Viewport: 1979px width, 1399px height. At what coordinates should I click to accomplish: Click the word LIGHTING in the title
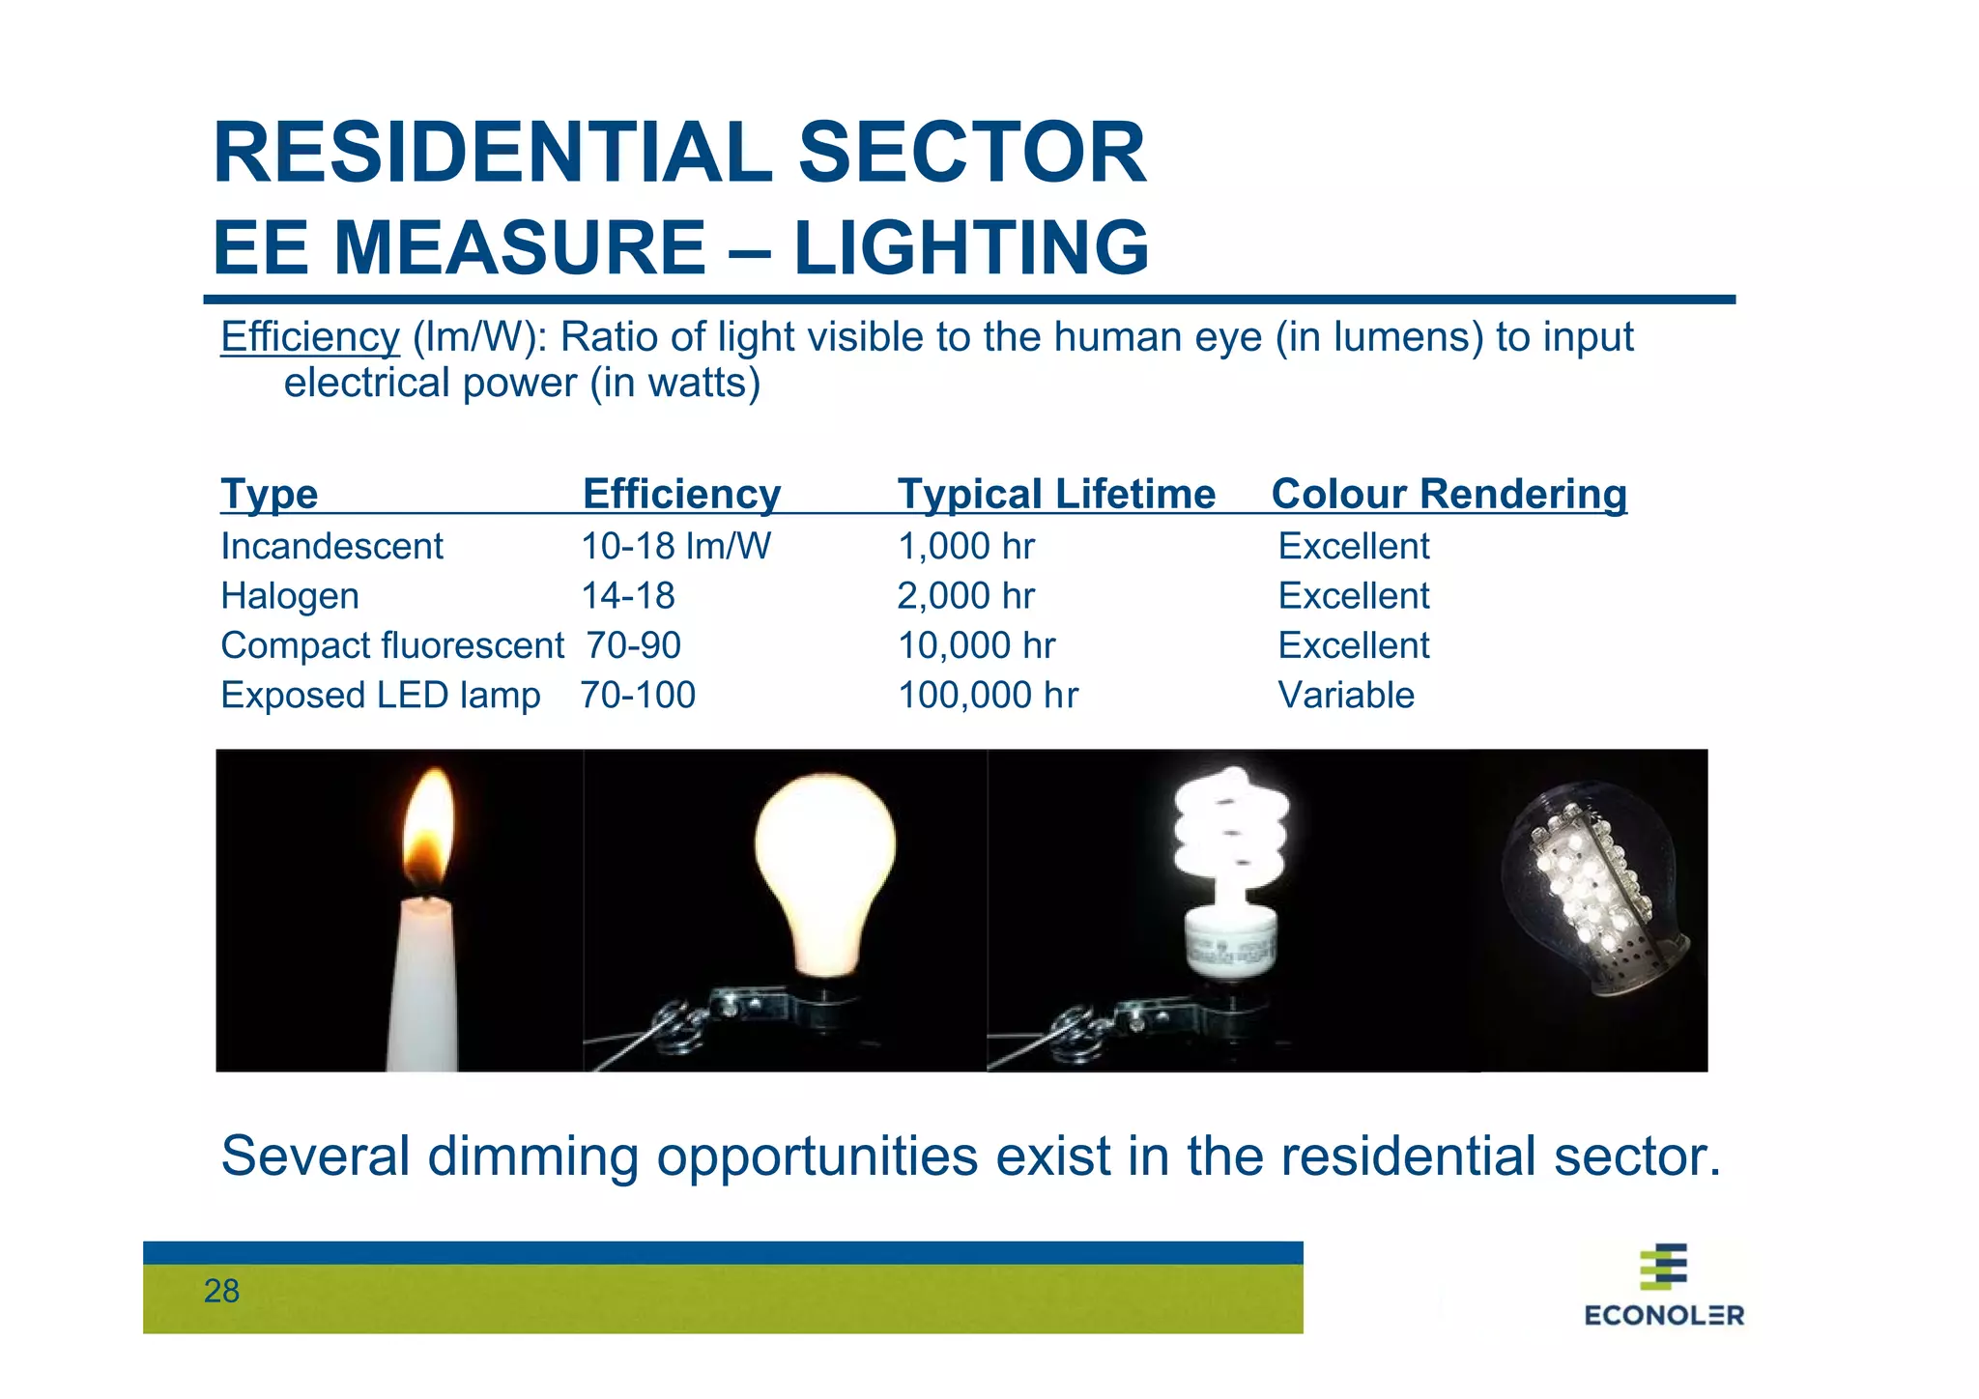click(971, 247)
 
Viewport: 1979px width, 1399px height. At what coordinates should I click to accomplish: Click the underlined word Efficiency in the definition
click(309, 337)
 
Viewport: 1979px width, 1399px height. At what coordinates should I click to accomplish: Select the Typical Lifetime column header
click(1056, 494)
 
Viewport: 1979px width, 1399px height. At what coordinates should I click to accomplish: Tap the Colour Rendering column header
click(1448, 494)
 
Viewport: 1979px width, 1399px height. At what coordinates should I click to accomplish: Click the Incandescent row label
click(331, 547)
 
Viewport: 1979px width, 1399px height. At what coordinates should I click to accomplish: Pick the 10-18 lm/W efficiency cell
click(675, 547)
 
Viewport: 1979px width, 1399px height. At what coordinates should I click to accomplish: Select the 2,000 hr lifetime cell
click(965, 596)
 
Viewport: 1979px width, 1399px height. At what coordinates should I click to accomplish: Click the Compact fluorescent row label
click(391, 645)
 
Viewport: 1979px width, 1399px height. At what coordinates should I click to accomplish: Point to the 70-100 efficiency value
click(638, 696)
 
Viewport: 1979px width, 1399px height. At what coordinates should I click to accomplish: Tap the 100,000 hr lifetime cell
click(988, 696)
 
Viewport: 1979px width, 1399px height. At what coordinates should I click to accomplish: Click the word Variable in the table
click(1346, 696)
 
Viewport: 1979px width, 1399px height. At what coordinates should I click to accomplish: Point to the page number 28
click(221, 1292)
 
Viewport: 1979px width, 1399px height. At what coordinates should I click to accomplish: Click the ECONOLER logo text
click(1664, 1315)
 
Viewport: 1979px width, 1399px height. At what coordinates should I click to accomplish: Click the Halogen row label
click(290, 596)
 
